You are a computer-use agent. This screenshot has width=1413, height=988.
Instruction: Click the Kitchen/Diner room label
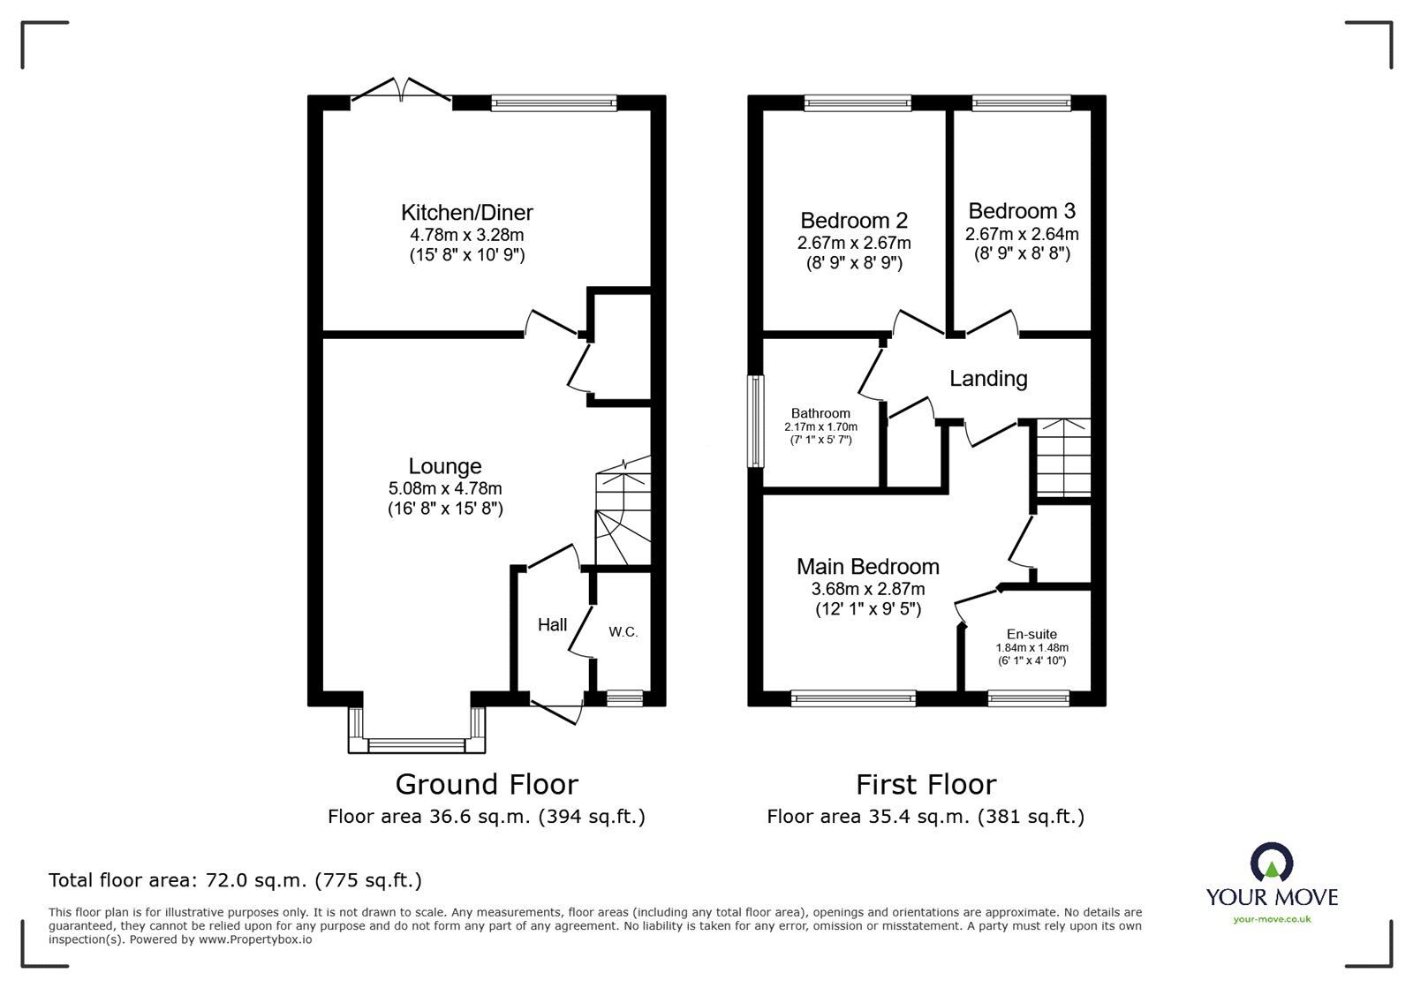(x=466, y=213)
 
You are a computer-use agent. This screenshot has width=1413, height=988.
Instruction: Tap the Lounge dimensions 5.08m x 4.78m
(x=445, y=488)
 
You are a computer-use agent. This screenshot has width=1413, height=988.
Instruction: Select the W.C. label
(x=623, y=632)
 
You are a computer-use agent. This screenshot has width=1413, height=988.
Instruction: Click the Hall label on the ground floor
(x=552, y=625)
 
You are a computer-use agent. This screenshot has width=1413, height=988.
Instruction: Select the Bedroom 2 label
(x=853, y=220)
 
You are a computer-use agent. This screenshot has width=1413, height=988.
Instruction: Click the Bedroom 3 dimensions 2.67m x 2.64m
(x=1022, y=234)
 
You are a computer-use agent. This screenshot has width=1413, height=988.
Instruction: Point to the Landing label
(x=988, y=379)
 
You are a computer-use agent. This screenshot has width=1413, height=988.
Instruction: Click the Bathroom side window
(x=756, y=421)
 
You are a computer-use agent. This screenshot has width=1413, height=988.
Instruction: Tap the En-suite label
(x=1031, y=634)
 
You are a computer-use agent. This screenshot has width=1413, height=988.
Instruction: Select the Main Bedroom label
(x=867, y=566)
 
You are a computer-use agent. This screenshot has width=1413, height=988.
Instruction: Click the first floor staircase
(x=1062, y=457)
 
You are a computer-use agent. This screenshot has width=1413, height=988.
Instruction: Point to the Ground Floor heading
(x=487, y=784)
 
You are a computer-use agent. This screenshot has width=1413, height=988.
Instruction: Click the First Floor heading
(x=926, y=784)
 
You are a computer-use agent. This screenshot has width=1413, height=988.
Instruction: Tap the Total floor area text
(x=235, y=880)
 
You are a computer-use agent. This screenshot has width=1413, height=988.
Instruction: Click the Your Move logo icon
(x=1272, y=864)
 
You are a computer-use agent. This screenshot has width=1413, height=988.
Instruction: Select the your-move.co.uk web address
(x=1272, y=919)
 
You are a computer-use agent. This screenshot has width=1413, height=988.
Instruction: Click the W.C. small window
(x=624, y=698)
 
